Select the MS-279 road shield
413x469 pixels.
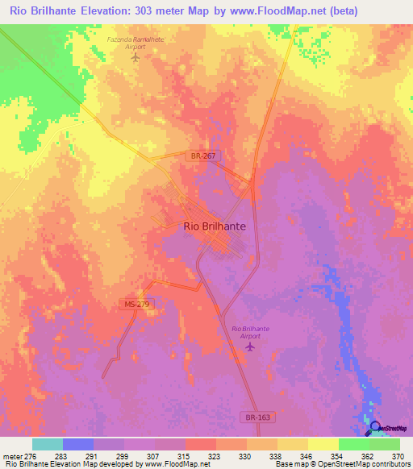click(137, 304)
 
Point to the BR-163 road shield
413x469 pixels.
click(253, 417)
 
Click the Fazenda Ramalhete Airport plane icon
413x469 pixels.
click(135, 56)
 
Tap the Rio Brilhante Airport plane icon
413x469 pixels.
click(249, 347)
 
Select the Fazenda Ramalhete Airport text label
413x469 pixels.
click(135, 42)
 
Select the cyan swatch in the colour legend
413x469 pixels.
click(48, 444)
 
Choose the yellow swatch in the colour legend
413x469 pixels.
click(293, 444)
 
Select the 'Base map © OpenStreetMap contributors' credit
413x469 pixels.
click(341, 464)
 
